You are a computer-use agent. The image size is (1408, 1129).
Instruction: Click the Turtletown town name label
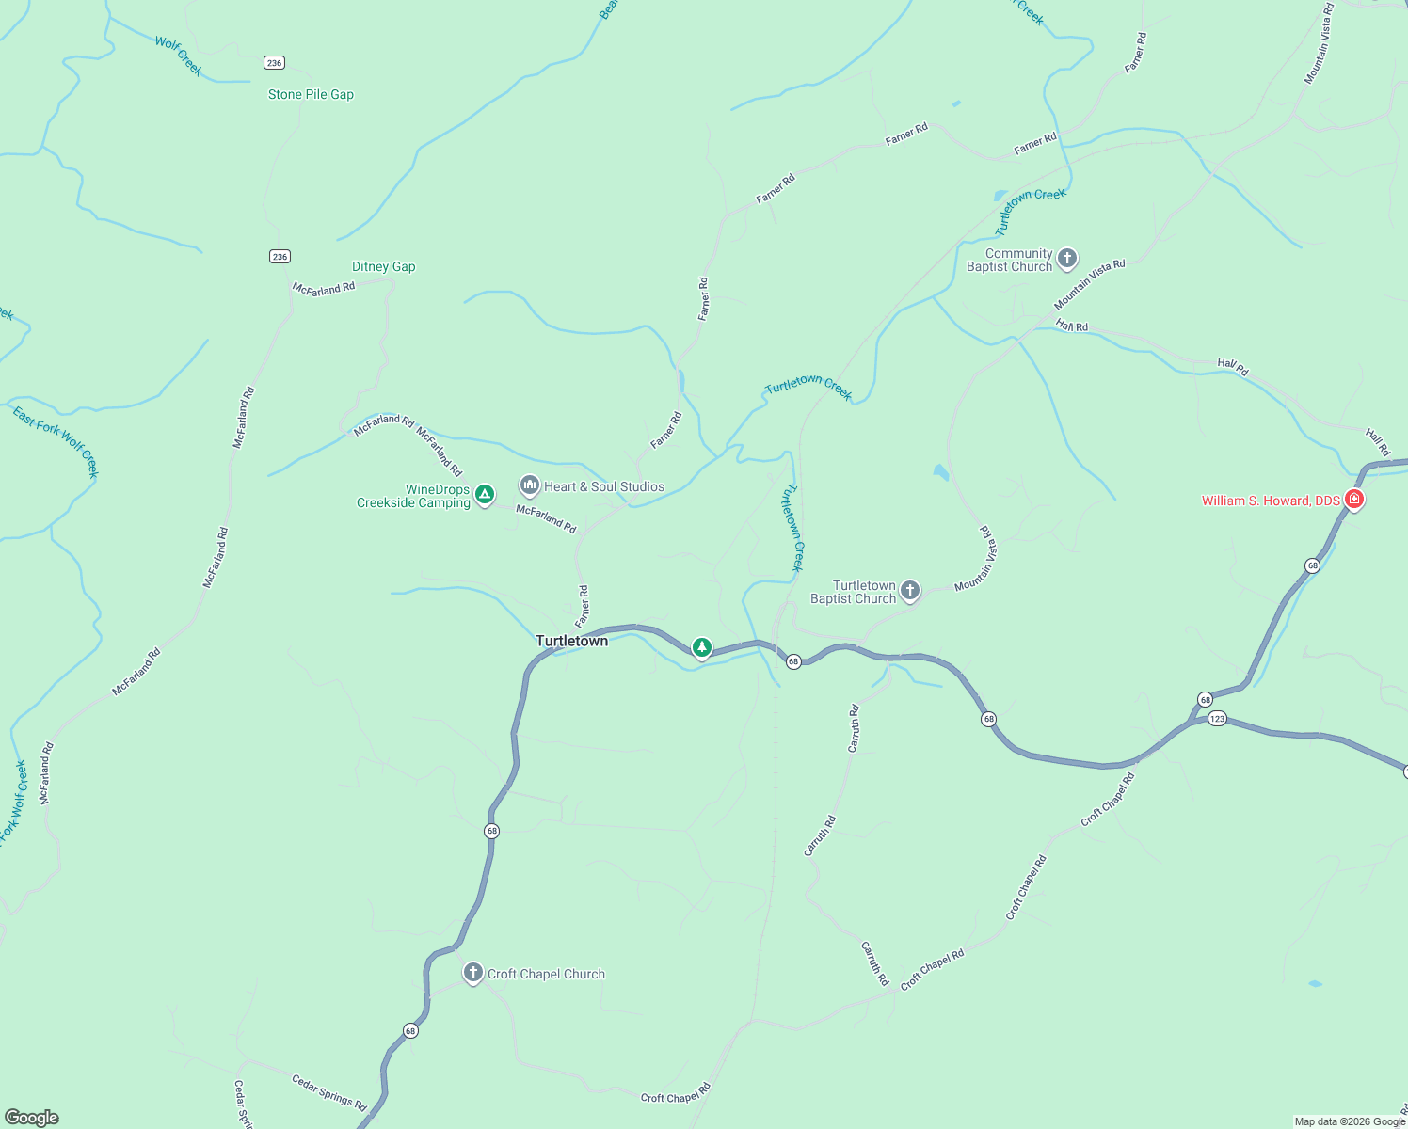point(571,641)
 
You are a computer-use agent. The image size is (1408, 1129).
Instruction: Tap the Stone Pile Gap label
point(311,94)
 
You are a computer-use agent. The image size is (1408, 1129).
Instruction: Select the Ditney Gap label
point(383,266)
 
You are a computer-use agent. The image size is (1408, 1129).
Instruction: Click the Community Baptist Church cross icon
point(1066,258)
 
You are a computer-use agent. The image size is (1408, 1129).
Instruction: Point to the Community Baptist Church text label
point(1010,260)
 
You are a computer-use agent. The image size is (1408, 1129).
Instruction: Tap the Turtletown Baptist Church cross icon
point(909,590)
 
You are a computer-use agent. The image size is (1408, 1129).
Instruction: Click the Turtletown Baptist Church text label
point(854,592)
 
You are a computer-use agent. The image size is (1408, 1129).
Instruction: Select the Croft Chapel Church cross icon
point(473,972)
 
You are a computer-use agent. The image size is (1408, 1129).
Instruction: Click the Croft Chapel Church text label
point(546,974)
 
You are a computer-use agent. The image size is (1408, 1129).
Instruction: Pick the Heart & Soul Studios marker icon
point(530,485)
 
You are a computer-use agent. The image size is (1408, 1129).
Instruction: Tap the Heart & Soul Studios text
point(604,486)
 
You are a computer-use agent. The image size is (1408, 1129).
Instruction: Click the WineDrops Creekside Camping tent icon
point(484,494)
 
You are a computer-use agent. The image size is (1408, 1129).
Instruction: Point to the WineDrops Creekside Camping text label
point(414,496)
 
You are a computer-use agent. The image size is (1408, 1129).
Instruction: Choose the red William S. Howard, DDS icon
point(1353,499)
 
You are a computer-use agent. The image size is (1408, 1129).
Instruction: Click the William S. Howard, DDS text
point(1271,501)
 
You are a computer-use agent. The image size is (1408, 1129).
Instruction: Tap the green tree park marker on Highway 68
point(701,647)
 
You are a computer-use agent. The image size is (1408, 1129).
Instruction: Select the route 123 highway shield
point(1217,719)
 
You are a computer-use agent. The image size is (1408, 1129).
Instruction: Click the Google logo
point(31,1118)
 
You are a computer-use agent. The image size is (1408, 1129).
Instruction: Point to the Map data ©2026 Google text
point(1350,1121)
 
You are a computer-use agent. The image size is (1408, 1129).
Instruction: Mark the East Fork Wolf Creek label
point(56,440)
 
